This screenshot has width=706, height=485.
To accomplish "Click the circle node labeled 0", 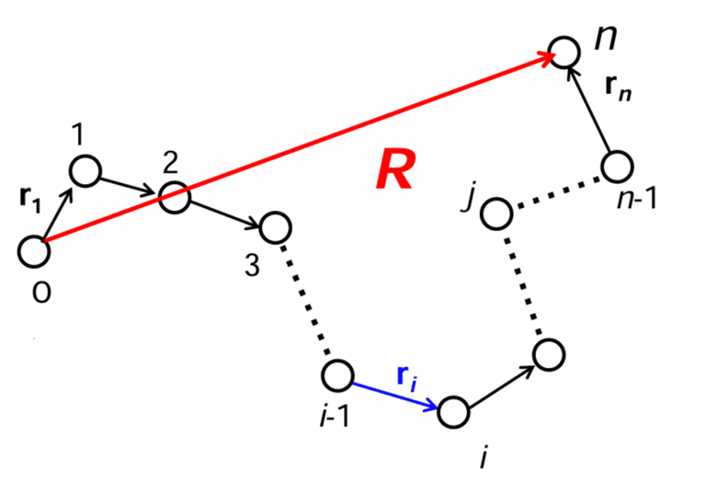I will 33,251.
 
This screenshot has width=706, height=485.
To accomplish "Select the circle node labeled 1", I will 85,170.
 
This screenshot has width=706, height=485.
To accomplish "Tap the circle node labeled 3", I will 275,226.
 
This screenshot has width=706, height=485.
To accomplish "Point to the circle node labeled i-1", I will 337,375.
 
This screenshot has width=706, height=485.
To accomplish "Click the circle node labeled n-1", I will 617,167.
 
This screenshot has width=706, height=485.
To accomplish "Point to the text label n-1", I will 636,197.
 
